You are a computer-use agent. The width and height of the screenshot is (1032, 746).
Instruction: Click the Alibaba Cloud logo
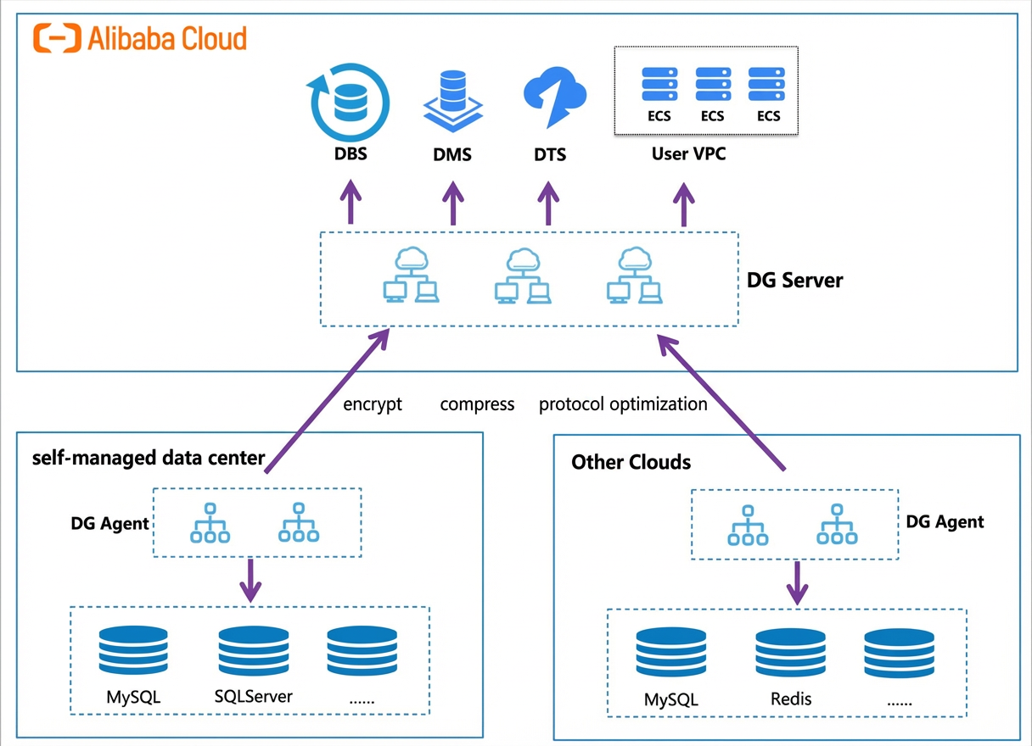click(x=140, y=38)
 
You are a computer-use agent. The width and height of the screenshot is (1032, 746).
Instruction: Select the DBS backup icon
click(x=349, y=103)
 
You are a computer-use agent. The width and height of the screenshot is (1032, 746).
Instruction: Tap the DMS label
click(x=452, y=154)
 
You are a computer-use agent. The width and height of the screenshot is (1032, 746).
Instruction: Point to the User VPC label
click(x=688, y=153)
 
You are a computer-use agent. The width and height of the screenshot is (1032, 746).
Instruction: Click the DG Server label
click(x=794, y=281)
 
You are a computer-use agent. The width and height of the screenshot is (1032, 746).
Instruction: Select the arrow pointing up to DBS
click(x=351, y=202)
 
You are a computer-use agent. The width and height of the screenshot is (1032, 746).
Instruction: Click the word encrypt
click(x=373, y=404)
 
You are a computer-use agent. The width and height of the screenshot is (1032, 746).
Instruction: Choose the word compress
click(x=477, y=404)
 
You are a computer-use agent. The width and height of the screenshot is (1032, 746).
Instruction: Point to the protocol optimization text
click(x=623, y=404)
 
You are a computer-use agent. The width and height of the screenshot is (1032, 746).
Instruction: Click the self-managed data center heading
click(x=149, y=458)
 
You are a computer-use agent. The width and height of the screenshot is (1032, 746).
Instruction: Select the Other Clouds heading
click(x=631, y=462)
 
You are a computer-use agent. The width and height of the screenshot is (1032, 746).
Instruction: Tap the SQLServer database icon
click(x=254, y=650)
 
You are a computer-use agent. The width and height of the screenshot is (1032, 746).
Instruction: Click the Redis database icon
click(x=791, y=653)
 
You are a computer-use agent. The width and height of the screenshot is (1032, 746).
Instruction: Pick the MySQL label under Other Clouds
click(x=670, y=699)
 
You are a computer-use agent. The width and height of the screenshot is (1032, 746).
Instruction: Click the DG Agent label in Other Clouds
click(x=945, y=522)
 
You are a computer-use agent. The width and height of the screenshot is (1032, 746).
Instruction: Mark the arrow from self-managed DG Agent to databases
click(x=250, y=581)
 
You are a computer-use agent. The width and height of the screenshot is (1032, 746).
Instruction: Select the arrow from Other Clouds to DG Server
click(x=721, y=402)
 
